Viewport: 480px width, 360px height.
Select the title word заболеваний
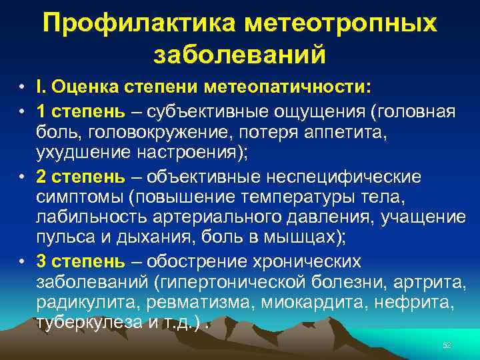240,54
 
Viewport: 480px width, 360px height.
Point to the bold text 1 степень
80,109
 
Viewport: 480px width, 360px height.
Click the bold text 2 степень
80,177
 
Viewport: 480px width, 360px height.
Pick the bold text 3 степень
80,262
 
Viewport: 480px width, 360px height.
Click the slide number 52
447,344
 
